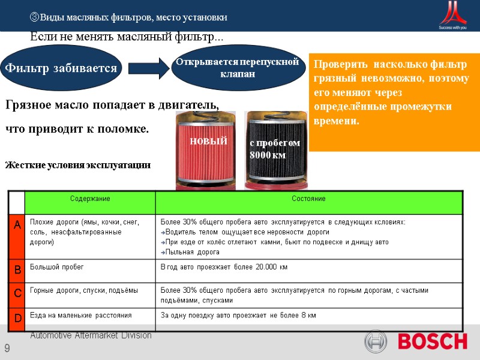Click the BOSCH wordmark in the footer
(x=432, y=342)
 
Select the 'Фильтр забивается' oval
(x=61, y=68)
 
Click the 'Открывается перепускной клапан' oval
(x=238, y=68)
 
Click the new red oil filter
(x=207, y=150)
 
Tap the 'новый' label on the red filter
(x=208, y=141)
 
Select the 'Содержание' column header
(x=89, y=199)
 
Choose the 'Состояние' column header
(x=308, y=199)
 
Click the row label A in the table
(x=17, y=224)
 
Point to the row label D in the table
(x=17, y=317)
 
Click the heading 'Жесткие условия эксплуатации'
(x=78, y=165)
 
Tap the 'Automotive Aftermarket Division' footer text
(x=91, y=335)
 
